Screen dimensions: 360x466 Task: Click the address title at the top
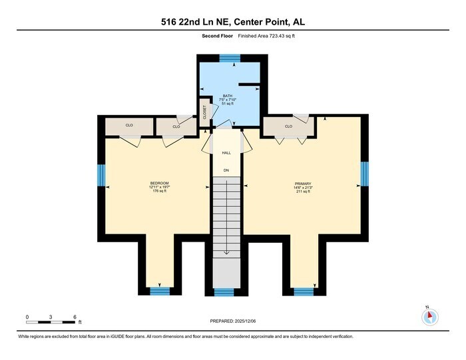(233, 22)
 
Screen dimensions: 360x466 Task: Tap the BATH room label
(228, 96)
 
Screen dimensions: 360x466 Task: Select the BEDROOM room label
(159, 184)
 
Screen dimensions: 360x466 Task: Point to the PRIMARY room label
(304, 184)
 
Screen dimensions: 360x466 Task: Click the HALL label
(226, 153)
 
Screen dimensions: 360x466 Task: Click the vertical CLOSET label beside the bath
(204, 112)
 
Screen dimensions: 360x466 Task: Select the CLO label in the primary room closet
(288, 126)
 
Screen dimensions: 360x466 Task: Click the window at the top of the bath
(230, 59)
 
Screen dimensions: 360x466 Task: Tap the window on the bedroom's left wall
(101, 176)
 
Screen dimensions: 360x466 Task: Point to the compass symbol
(430, 317)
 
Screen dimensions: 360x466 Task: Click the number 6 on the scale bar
(75, 317)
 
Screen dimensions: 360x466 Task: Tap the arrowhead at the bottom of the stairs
(226, 253)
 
